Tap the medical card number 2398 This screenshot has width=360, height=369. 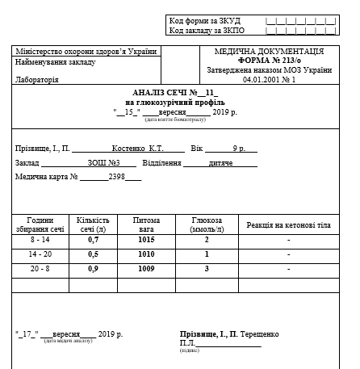(x=118, y=176)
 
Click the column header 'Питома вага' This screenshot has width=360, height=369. (x=146, y=224)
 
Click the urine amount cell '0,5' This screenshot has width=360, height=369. (x=93, y=254)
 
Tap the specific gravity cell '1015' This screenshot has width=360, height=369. (x=146, y=241)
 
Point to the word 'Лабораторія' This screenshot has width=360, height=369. (x=37, y=80)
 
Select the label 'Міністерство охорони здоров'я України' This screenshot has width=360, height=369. (x=86, y=51)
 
